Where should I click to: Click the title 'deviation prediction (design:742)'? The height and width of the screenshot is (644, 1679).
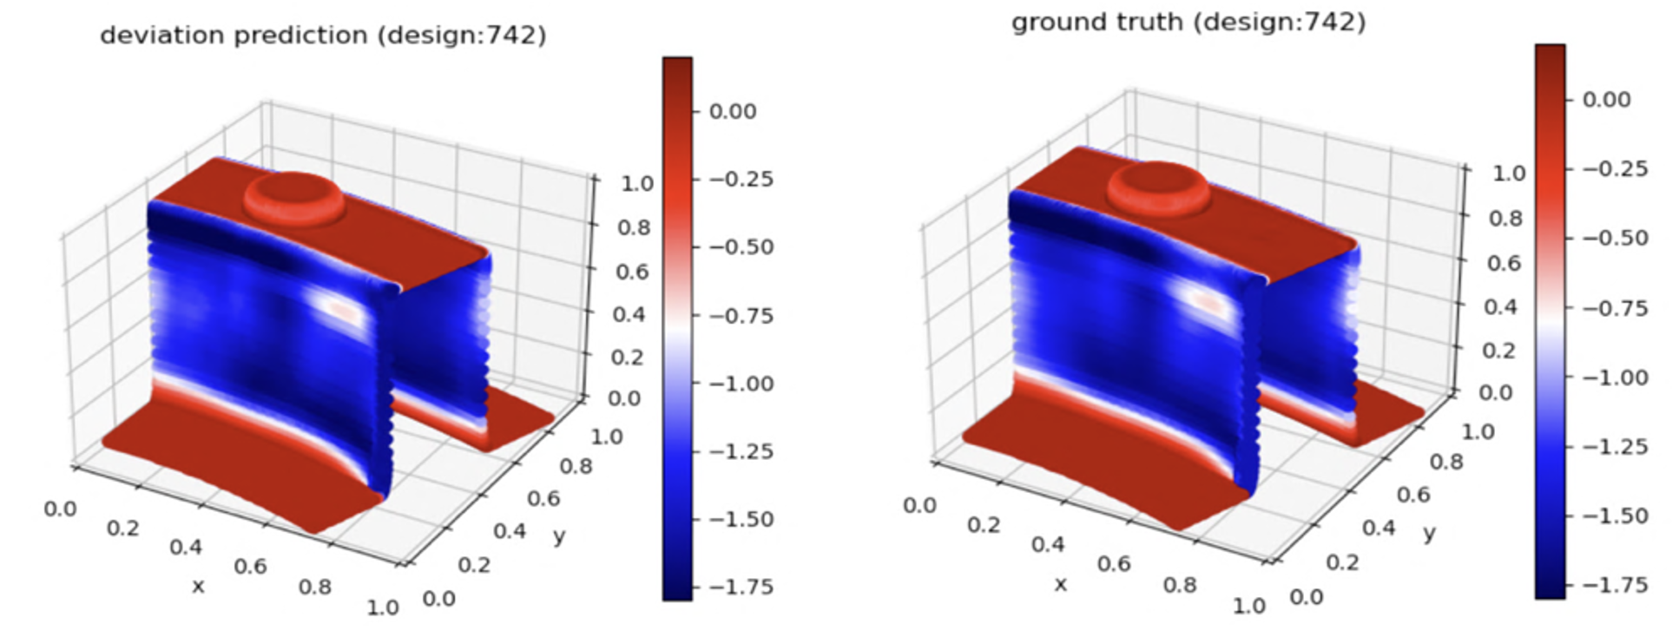point(323,36)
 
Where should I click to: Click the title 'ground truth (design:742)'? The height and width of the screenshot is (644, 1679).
point(1188,22)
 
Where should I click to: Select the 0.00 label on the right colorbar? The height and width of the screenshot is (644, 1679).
point(1606,100)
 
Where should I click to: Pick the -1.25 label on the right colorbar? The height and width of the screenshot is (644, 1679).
point(1615,446)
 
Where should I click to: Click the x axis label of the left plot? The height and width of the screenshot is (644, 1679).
point(198,586)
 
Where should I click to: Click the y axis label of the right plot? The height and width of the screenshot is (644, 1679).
point(1429,532)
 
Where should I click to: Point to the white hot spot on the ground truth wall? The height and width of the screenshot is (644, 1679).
point(1204,300)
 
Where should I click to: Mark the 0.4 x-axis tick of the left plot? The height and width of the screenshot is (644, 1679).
point(186,547)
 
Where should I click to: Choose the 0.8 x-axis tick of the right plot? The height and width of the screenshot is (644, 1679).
point(1180,584)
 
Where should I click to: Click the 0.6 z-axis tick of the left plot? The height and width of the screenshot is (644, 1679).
point(632,272)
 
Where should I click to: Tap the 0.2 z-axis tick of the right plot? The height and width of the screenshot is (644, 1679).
point(1498,350)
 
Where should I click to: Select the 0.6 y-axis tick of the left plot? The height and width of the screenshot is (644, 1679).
point(543,498)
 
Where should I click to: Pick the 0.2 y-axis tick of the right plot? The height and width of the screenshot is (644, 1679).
point(1342,562)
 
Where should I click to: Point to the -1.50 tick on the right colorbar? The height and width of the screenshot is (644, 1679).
point(1615,516)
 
